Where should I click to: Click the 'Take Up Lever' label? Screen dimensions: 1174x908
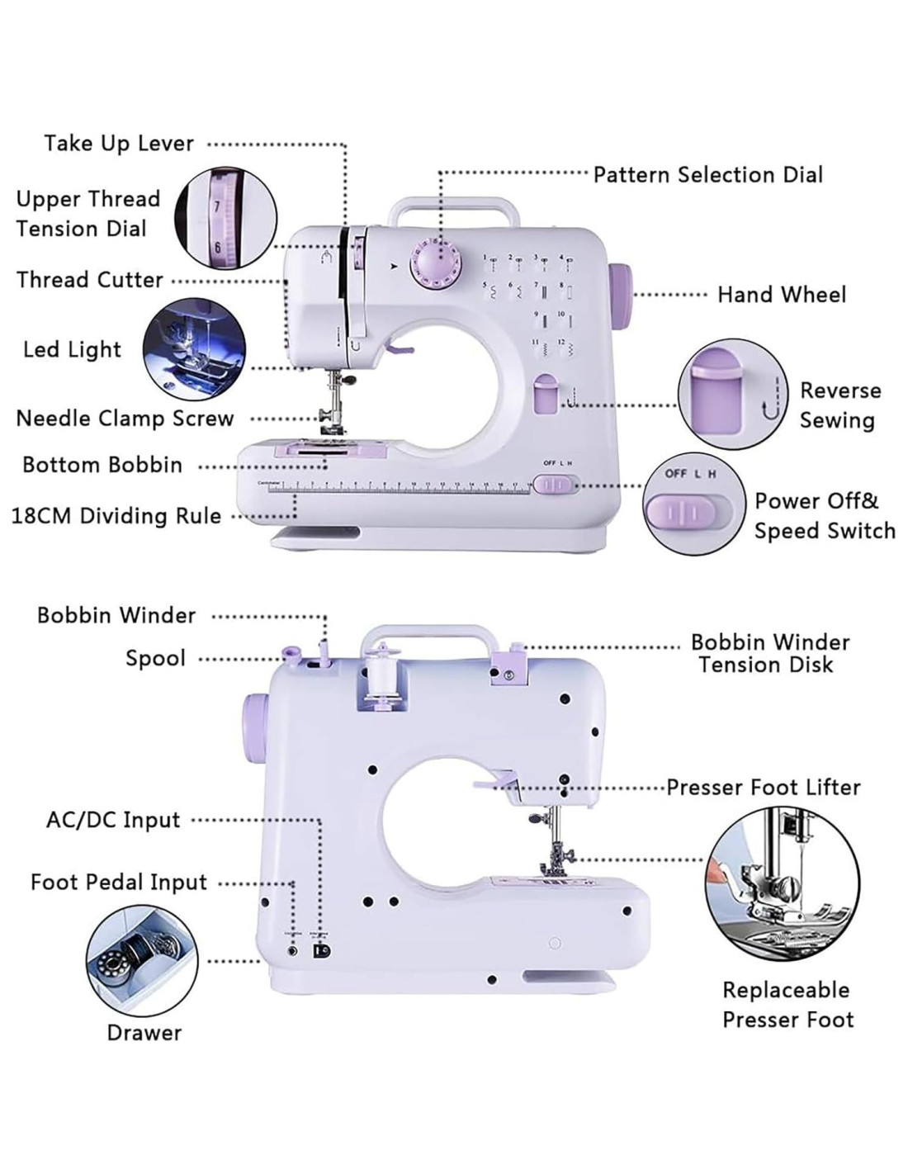[119, 144]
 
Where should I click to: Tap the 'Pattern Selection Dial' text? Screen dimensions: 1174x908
[708, 175]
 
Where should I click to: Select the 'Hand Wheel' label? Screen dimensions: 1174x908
[781, 295]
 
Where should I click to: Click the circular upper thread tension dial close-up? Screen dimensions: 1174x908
[225, 218]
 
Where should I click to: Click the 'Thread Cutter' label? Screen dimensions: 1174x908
[90, 280]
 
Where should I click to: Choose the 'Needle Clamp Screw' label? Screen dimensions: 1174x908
[125, 419]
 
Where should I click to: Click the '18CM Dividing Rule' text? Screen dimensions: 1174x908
[116, 517]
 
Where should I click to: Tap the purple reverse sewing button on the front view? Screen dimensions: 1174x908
[546, 394]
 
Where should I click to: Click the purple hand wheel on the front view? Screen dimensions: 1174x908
[621, 295]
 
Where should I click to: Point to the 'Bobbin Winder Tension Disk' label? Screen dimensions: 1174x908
[769, 653]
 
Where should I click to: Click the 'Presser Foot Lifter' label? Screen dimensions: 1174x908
[764, 788]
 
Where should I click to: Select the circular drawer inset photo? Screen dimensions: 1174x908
[142, 962]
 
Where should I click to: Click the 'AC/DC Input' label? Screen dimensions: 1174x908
[113, 821]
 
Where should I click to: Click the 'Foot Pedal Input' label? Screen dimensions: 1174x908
[119, 883]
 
